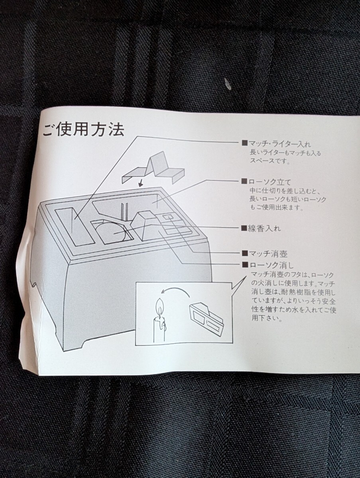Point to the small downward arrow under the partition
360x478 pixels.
point(140,184)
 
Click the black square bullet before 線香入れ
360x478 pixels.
point(244,229)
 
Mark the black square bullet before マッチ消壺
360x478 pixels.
point(244,253)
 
